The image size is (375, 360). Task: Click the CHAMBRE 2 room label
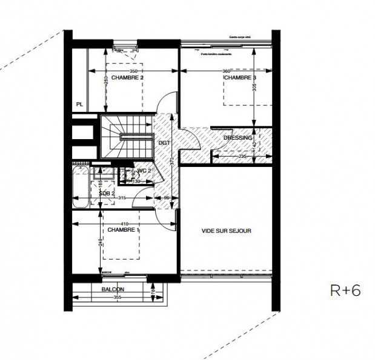(x=127, y=78)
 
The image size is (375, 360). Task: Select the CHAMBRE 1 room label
(x=124, y=230)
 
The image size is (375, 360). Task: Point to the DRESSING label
(x=237, y=138)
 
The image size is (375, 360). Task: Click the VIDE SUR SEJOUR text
(x=226, y=231)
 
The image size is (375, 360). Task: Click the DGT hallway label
(x=164, y=142)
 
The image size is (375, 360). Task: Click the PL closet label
(x=79, y=104)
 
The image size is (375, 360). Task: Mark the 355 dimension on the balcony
(x=118, y=296)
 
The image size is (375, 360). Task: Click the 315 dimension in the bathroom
(x=122, y=198)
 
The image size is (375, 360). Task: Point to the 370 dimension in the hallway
(x=172, y=161)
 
